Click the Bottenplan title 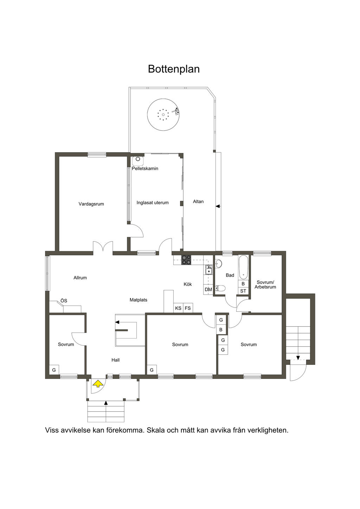click(x=174, y=69)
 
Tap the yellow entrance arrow click(x=98, y=384)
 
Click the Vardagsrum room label click(x=91, y=204)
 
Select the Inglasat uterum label click(x=153, y=202)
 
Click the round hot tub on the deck click(x=163, y=114)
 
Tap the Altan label click(x=198, y=201)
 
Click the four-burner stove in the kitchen click(x=186, y=260)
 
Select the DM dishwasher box click(x=208, y=290)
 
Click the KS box click(x=178, y=308)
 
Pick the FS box click(x=188, y=308)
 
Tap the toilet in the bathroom click(x=220, y=288)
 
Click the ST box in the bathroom click(x=243, y=291)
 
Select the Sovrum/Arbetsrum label click(x=265, y=284)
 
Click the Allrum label click(x=80, y=277)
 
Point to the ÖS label click(x=64, y=301)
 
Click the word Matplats click(x=139, y=300)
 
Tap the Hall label click(x=115, y=360)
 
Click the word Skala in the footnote click(x=156, y=430)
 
